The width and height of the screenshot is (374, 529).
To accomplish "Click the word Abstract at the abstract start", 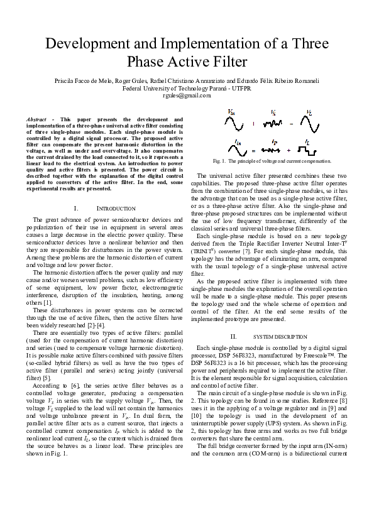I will [x=37, y=119].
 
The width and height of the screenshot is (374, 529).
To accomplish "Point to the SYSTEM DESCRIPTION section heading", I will [x=276, y=337].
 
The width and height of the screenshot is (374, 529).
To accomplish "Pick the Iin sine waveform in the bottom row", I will [x=235, y=151].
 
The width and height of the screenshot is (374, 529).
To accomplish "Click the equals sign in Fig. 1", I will [x=253, y=151].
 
